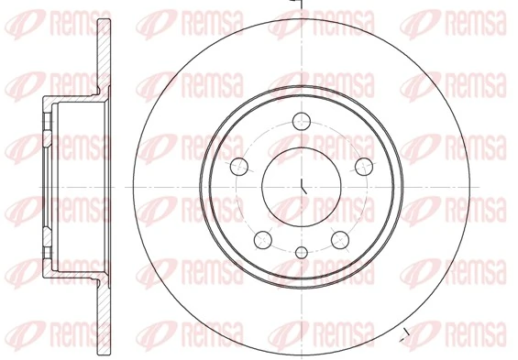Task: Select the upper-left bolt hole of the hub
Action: point(238,165)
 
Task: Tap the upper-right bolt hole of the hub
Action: point(365,165)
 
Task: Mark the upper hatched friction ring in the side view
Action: point(103,50)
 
